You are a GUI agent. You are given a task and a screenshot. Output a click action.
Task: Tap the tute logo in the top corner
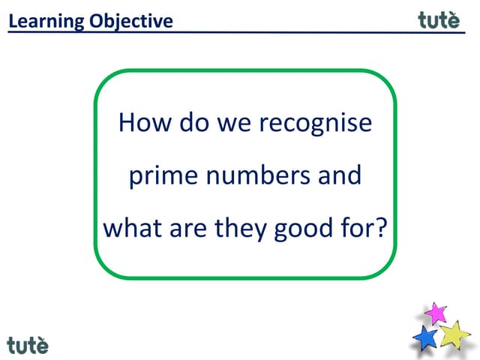tap(439, 20)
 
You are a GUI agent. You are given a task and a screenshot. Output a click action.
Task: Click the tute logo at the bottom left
tap(28, 345)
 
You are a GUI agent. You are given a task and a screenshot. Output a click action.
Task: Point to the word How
tap(145, 122)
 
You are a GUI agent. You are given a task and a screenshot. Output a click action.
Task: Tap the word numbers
tap(260, 176)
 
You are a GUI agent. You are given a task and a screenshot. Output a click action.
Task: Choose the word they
tap(238, 228)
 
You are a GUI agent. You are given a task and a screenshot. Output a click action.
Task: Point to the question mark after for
tap(386, 227)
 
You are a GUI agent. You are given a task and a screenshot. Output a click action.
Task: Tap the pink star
tap(436, 313)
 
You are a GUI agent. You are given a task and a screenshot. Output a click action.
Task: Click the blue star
tap(425, 337)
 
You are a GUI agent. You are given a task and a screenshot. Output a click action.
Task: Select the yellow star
tap(454, 334)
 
